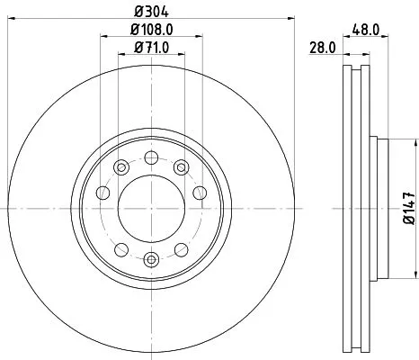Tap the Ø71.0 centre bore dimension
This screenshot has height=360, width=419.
click(x=150, y=48)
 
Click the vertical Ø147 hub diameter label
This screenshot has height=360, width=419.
click(x=408, y=209)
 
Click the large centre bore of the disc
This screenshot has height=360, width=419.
click(x=150, y=210)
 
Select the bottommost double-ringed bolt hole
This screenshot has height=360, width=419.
click(x=151, y=260)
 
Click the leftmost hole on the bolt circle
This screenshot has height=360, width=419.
click(x=102, y=193)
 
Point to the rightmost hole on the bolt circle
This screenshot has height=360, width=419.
click(x=200, y=193)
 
